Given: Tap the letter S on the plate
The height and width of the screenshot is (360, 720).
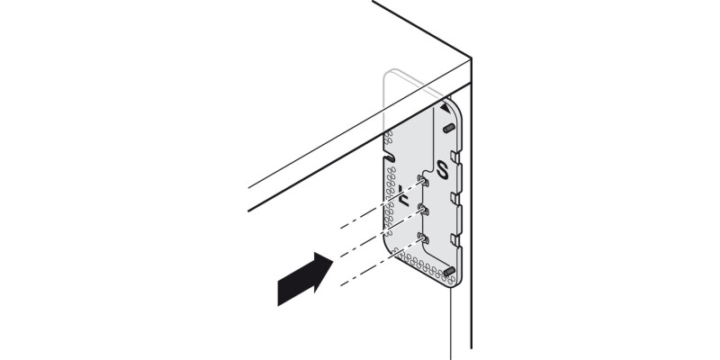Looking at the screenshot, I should point(441,168).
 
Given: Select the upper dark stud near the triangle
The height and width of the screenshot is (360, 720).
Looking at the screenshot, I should point(447,128).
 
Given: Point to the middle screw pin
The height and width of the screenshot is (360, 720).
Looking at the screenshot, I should point(422,210).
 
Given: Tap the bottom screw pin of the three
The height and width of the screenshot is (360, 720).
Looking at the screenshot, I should point(421,238).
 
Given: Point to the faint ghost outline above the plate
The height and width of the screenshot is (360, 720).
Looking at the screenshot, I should point(400,81).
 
